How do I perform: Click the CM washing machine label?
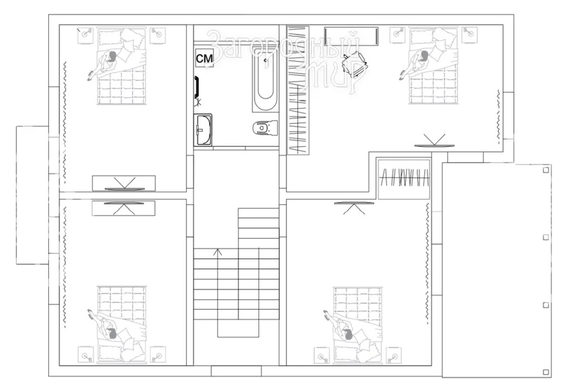tap(204, 58)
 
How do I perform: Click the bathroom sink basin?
tap(203, 129)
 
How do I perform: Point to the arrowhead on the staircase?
tap(218, 252)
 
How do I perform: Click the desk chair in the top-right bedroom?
tap(354, 64)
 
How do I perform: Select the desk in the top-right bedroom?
tap(351, 36)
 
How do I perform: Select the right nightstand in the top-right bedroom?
tap(470, 35)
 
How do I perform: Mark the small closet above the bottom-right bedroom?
tap(404, 179)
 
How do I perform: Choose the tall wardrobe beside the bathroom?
tap(298, 89)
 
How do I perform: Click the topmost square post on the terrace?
tap(545, 170)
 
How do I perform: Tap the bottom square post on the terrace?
tap(545, 372)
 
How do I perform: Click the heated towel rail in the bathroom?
tap(197, 88)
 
